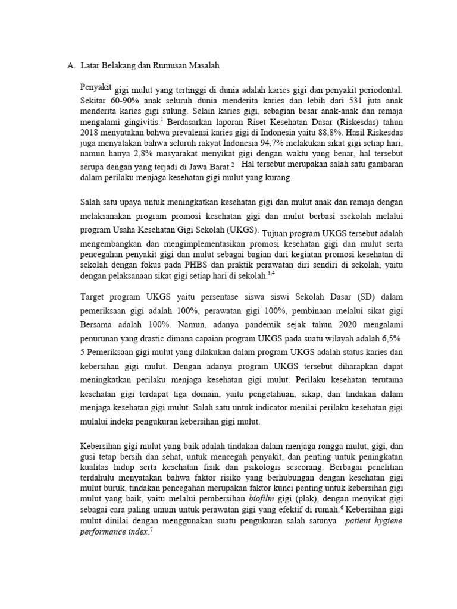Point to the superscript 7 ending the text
(151, 530)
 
